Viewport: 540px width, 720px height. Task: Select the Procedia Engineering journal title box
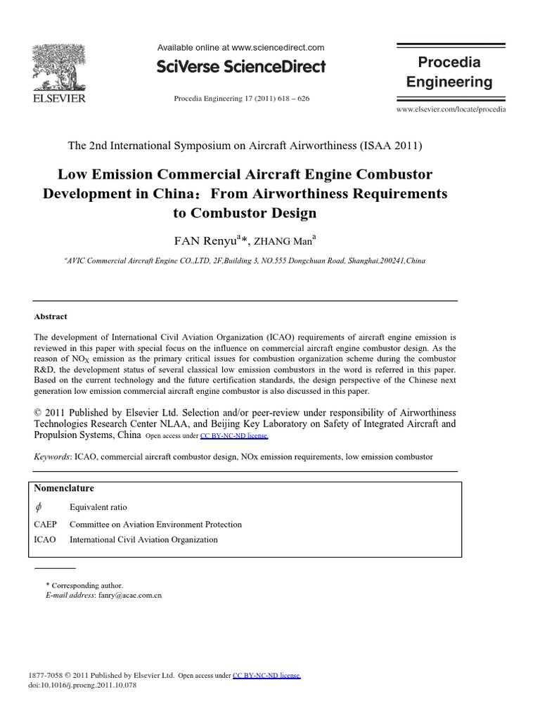click(450, 72)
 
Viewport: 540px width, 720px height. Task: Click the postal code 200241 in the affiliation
click(389, 260)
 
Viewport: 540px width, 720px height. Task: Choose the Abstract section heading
click(51, 316)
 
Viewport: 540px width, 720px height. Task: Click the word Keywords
click(52, 456)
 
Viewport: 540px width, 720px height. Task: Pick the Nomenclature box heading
click(64, 488)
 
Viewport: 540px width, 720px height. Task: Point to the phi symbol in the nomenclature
click(39, 507)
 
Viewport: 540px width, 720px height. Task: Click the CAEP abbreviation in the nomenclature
click(45, 525)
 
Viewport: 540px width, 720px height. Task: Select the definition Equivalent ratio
click(98, 507)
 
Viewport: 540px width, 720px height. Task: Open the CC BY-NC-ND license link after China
click(234, 436)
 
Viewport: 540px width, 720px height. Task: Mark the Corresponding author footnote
click(84, 585)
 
